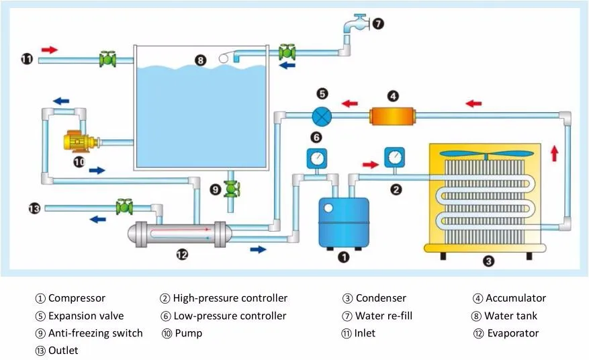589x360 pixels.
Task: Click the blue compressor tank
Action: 344,220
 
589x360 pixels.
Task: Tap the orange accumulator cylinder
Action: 392,115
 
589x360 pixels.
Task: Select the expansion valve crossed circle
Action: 322,116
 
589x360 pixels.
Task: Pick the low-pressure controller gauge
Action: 316,159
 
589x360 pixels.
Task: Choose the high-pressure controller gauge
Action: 395,158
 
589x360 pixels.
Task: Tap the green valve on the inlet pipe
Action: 107,59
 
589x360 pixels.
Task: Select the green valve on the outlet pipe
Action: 124,207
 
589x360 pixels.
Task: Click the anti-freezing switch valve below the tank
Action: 232,189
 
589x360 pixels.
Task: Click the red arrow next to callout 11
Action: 50,49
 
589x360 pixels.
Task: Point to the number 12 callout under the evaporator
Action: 182,254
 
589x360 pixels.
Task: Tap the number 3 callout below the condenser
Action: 489,261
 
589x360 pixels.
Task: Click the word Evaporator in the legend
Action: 513,333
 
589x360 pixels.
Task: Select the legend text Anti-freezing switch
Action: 95,333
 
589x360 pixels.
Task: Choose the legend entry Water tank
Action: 512,316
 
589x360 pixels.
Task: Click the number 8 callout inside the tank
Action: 200,60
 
